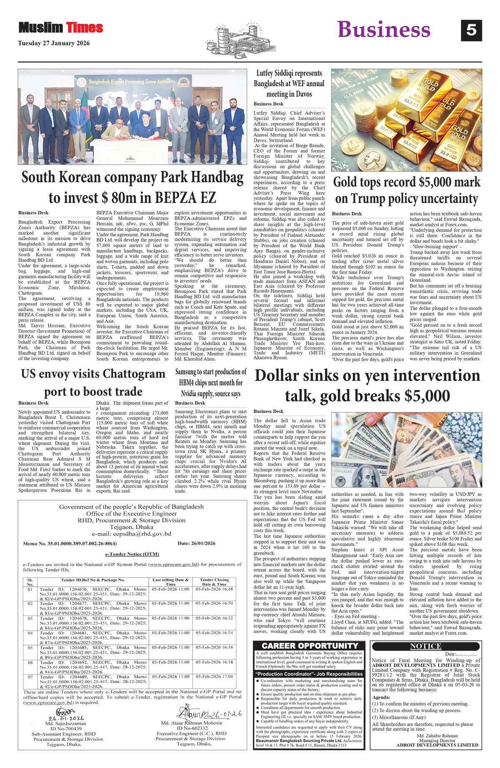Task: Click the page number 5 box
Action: [471, 30]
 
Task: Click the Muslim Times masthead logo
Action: [61, 28]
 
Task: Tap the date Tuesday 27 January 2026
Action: [54, 43]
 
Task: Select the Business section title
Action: [383, 30]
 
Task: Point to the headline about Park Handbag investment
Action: [132, 187]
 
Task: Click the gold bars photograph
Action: [406, 120]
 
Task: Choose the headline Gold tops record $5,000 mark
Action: [407, 190]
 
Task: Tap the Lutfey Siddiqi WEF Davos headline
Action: [289, 83]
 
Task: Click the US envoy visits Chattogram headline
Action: [93, 382]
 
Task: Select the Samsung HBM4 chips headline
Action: [211, 382]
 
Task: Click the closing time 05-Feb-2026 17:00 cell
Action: [214, 676]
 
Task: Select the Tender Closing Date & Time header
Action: [214, 582]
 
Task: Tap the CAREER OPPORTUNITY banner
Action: [310, 645]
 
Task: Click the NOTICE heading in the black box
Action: [425, 646]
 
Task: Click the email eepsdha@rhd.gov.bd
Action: [132, 534]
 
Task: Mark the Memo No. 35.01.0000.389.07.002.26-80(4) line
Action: [70, 543]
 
